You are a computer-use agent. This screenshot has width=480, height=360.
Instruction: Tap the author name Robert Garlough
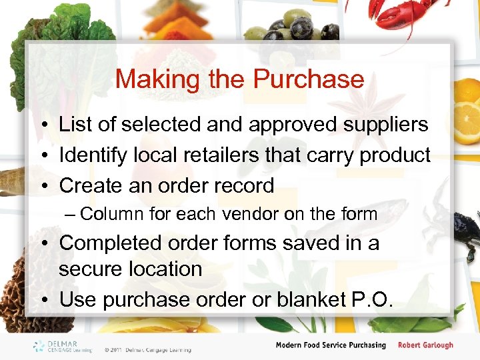click(425, 345)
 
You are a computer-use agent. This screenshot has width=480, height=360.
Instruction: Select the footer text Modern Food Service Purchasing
click(331, 345)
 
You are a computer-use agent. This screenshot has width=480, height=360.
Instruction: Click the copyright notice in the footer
click(147, 349)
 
